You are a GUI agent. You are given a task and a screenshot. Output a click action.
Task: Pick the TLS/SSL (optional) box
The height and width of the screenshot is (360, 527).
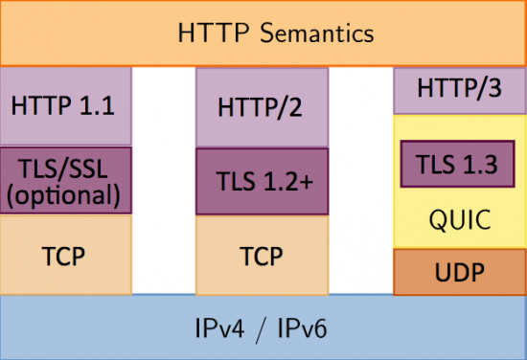point(65,180)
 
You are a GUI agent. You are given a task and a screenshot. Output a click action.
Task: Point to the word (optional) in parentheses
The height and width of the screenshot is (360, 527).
point(65,195)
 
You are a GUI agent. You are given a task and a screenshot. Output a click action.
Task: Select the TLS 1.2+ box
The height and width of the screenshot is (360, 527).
point(262,180)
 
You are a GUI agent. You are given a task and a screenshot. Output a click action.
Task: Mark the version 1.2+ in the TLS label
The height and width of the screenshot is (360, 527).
point(283,180)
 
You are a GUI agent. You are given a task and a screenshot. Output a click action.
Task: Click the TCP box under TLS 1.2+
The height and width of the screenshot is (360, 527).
point(262,256)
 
